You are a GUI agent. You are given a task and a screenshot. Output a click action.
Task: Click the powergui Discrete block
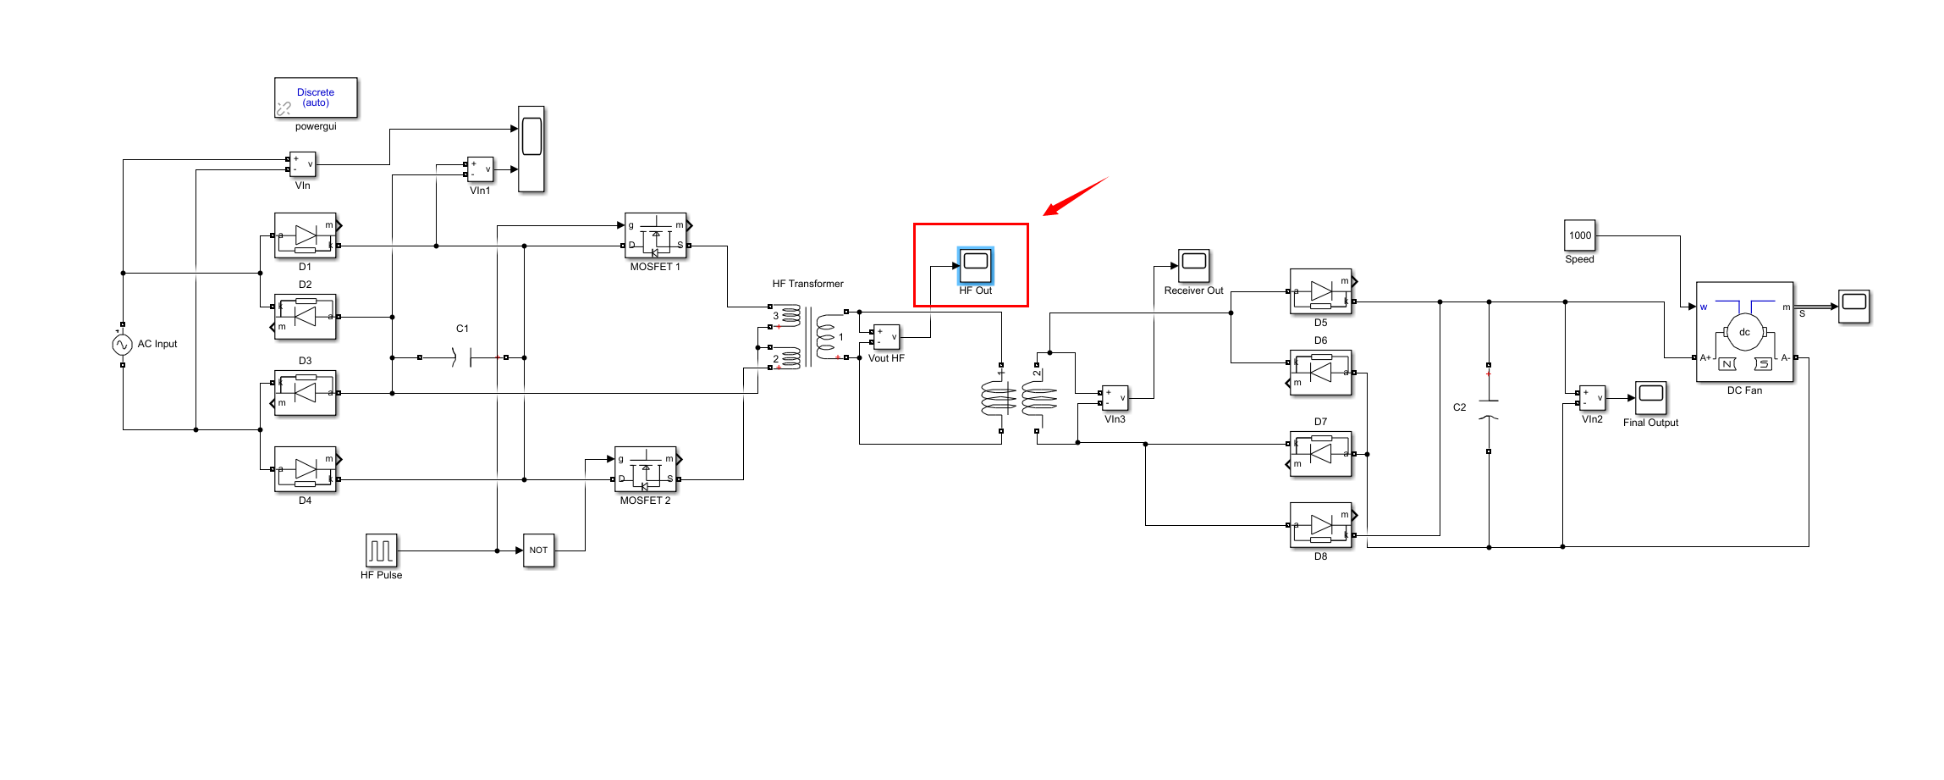coord(316,98)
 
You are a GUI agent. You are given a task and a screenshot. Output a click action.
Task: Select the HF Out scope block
coord(975,265)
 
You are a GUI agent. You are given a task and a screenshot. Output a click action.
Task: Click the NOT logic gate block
coord(538,550)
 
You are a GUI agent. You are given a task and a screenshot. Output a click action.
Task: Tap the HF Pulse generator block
coord(381,550)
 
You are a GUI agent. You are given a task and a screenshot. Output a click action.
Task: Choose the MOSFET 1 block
coord(655,235)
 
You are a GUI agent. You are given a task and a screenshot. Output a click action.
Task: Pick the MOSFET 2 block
coord(645,469)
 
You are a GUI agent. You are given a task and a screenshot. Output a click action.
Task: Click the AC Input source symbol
coord(122,345)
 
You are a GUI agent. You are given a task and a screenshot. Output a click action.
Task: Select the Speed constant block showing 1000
coord(1579,235)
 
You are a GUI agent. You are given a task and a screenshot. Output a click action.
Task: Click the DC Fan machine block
coord(1744,333)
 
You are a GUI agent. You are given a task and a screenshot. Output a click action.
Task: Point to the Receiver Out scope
coord(1193,265)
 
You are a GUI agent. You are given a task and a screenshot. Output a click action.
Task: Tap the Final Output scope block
coord(1650,397)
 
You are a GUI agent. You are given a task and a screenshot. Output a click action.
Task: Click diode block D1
coord(306,235)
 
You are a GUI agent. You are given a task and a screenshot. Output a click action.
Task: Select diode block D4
coord(306,469)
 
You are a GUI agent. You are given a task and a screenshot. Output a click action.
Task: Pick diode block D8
coord(1320,525)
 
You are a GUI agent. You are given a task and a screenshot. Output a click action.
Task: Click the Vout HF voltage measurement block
coord(886,337)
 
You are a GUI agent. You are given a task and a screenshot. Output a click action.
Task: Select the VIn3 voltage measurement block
coord(1115,398)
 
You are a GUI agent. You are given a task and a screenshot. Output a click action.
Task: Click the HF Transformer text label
coord(807,284)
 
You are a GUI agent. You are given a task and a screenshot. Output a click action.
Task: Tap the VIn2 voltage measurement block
coord(1592,398)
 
